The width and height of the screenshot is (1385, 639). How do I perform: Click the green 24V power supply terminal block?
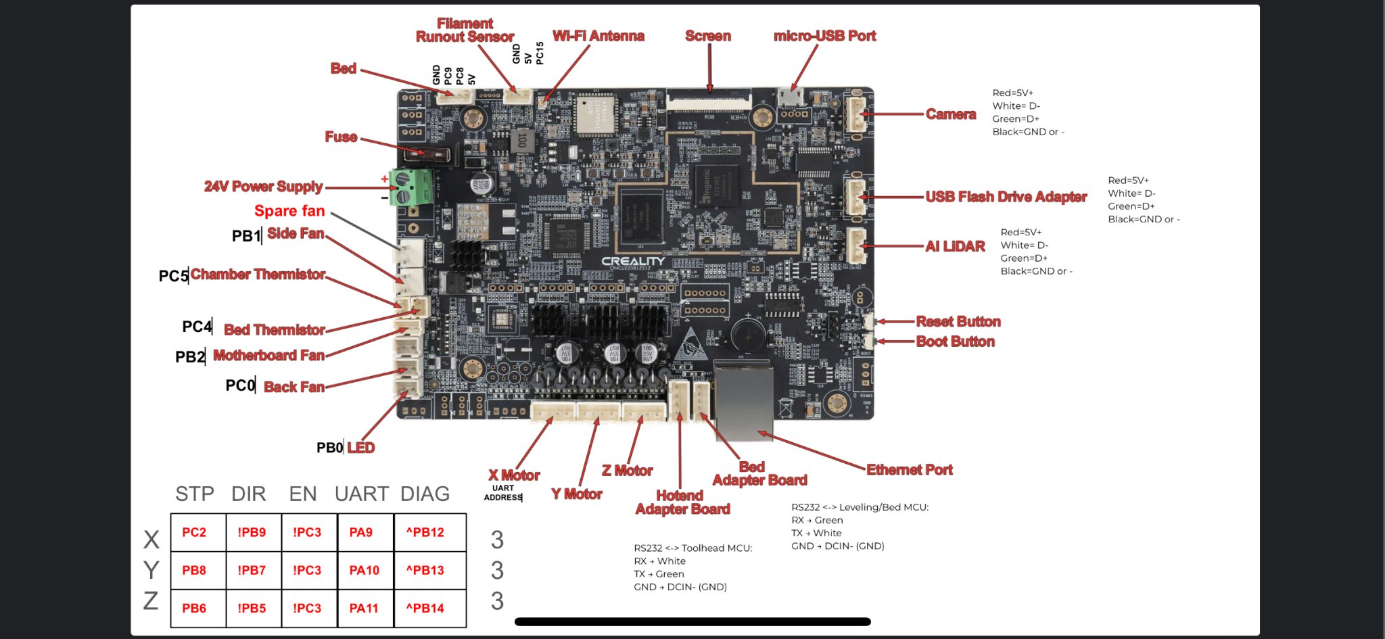pyautogui.click(x=411, y=187)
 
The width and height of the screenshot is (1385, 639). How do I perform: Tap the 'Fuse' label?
pyautogui.click(x=341, y=137)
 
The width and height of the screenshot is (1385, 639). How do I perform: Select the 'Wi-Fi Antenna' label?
pyautogui.click(x=598, y=36)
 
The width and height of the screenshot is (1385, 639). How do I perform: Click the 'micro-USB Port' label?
pyautogui.click(x=824, y=36)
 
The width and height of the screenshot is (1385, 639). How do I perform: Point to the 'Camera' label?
pyautogui.click(x=950, y=114)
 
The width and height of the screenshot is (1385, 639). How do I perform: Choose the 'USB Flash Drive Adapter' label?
pyautogui.click(x=1006, y=197)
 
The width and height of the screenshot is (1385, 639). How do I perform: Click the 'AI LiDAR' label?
pyautogui.click(x=955, y=246)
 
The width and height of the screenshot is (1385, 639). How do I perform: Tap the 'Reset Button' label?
pyautogui.click(x=958, y=322)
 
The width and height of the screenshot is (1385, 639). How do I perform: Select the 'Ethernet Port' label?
pyautogui.click(x=909, y=470)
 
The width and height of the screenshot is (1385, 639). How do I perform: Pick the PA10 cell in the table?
pyautogui.click(x=364, y=571)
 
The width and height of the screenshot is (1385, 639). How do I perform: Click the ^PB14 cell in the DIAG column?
pyautogui.click(x=425, y=609)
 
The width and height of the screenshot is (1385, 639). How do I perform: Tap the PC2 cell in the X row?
pyautogui.click(x=194, y=533)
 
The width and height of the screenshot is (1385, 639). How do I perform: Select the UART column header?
pyautogui.click(x=362, y=494)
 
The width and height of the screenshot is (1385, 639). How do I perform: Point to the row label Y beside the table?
pyautogui.click(x=151, y=570)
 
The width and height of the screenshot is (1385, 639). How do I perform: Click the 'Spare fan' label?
pyautogui.click(x=289, y=211)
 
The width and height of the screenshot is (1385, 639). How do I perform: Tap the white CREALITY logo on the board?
pyautogui.click(x=633, y=261)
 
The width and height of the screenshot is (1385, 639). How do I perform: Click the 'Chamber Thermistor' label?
pyautogui.click(x=258, y=275)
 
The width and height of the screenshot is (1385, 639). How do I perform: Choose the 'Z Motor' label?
pyautogui.click(x=627, y=471)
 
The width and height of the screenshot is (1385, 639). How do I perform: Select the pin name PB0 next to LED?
pyautogui.click(x=329, y=448)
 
